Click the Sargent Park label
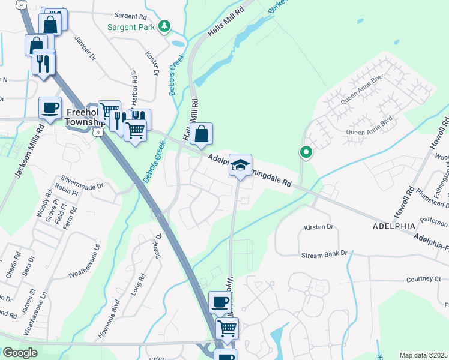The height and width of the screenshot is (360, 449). [131, 27]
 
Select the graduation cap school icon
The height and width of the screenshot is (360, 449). [240, 165]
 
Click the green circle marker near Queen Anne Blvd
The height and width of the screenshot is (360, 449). [306, 152]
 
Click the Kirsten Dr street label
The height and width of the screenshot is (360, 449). [318, 227]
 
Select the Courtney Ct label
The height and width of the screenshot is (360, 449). [423, 279]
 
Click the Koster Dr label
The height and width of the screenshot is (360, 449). [152, 62]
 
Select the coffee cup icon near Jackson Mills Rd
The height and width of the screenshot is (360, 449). [50, 108]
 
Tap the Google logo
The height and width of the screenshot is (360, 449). [20, 353]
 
